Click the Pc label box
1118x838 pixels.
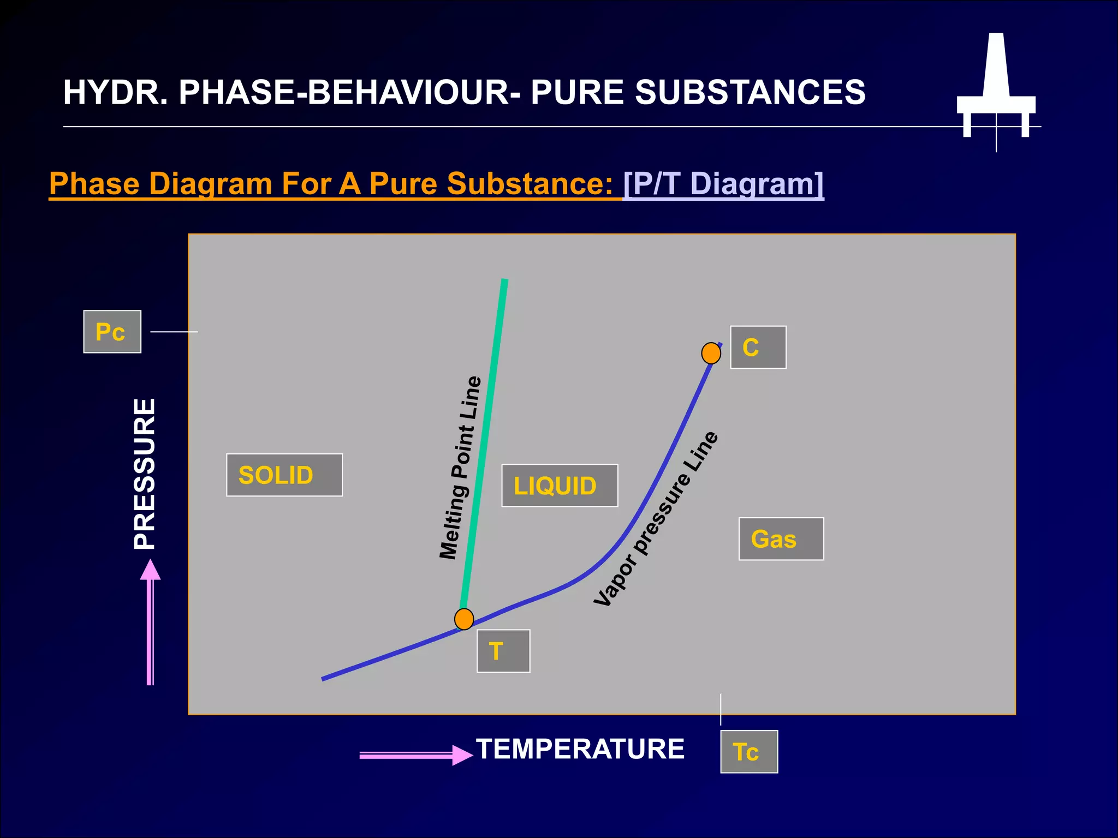pos(112,332)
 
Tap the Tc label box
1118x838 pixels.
pos(748,751)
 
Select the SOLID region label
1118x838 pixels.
pos(284,475)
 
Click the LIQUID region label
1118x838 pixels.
pos(560,486)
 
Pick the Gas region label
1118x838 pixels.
pos(781,539)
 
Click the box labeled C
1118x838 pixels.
pos(758,348)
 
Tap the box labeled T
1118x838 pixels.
pos(503,651)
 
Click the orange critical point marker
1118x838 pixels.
pos(711,353)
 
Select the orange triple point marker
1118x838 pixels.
pos(464,619)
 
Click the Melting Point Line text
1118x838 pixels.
pos(460,468)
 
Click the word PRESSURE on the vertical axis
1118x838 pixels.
pos(145,474)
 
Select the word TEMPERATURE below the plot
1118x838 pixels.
pos(580,749)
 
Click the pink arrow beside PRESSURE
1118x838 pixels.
pos(150,622)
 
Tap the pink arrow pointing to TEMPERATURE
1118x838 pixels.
pos(415,755)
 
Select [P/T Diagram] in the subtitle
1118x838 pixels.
pos(723,183)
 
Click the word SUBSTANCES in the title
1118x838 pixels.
pos(750,92)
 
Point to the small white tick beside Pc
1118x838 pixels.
pos(174,332)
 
